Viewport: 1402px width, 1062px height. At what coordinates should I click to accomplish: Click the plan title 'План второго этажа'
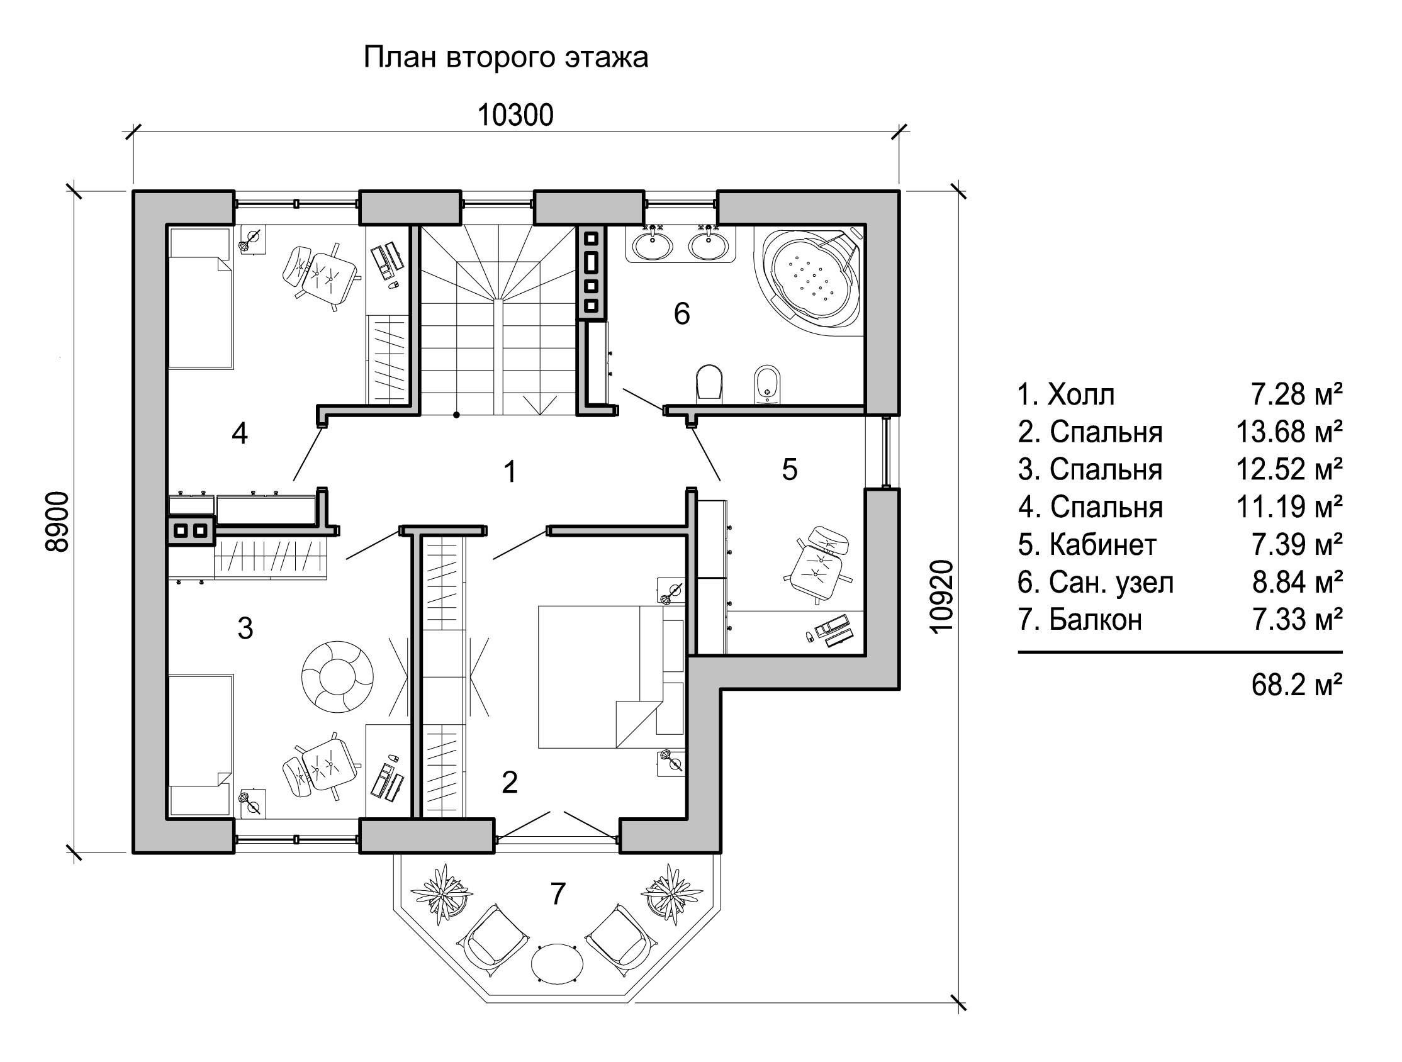506,58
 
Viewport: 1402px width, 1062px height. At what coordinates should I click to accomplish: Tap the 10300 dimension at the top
515,115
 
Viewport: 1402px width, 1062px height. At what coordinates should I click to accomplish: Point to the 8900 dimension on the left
58,522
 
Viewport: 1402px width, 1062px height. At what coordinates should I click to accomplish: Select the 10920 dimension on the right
943,596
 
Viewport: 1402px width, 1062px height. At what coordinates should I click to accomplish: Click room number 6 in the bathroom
681,313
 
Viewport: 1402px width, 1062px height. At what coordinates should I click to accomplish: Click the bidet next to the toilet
768,383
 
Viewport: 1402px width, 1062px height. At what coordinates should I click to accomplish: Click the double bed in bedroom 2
612,677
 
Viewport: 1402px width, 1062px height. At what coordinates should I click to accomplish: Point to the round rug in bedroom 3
337,678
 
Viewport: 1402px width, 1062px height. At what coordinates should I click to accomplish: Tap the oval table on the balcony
557,963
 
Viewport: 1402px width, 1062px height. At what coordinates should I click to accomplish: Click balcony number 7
557,893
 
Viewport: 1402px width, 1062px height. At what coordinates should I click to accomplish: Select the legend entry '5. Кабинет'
1087,544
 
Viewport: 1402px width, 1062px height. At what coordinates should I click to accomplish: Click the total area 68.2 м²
1297,685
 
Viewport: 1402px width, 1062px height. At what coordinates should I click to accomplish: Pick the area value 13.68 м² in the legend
1289,432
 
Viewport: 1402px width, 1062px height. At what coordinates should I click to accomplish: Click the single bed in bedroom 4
201,298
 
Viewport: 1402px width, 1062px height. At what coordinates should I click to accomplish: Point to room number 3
245,628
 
